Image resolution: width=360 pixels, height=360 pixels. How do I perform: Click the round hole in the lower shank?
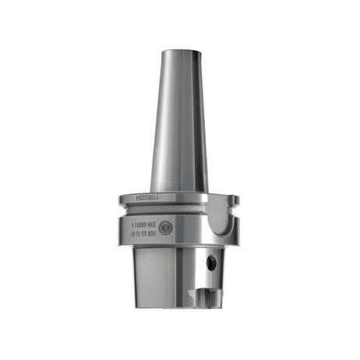[211, 264]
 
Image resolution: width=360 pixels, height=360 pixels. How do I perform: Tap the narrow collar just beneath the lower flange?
[172, 249]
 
